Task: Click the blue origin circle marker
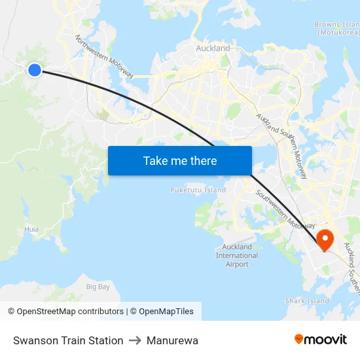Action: click(x=35, y=69)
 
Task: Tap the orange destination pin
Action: click(x=325, y=238)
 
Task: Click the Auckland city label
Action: click(x=213, y=48)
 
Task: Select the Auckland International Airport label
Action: click(x=237, y=255)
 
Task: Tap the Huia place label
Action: click(x=31, y=229)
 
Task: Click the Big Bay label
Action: click(x=98, y=287)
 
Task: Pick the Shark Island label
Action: click(x=307, y=301)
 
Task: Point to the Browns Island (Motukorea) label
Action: click(x=338, y=28)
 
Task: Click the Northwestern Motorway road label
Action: click(x=104, y=58)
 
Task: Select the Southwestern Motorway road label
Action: click(x=282, y=208)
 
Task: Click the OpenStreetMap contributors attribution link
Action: click(x=70, y=312)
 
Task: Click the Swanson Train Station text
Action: click(x=68, y=340)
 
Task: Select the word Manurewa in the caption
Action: click(x=172, y=340)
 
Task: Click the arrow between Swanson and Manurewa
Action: click(x=135, y=340)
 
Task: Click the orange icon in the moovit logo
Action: click(x=299, y=339)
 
